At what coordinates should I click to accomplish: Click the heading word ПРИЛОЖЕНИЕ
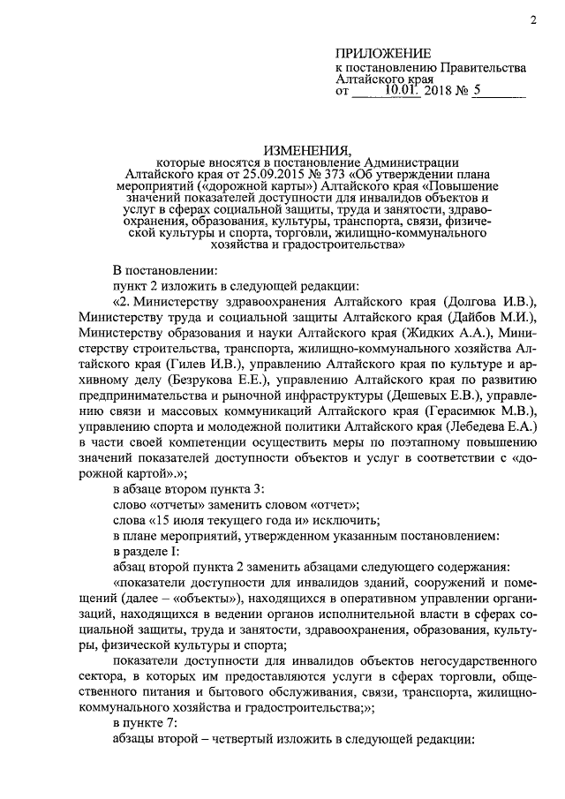[x=383, y=53]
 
